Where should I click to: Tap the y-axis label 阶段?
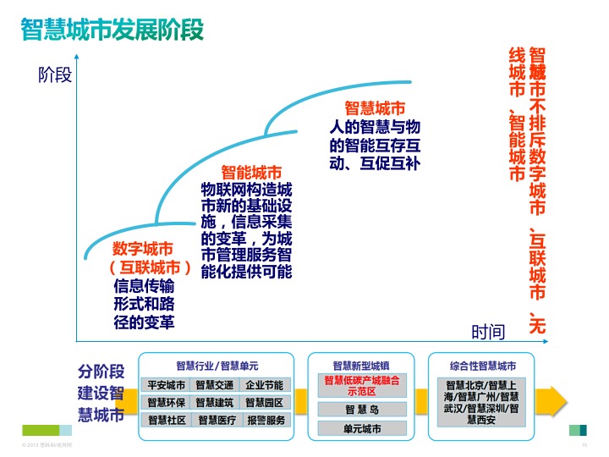point(55,75)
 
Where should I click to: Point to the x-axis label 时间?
point(488,332)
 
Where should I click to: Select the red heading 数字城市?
point(143,249)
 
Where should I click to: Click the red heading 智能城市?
point(251,173)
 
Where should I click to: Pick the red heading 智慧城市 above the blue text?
point(375,108)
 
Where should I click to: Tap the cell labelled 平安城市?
point(166,385)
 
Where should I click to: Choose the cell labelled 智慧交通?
point(214,385)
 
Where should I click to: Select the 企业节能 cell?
point(265,385)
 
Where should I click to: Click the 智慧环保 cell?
point(166,402)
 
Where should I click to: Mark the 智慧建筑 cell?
point(214,402)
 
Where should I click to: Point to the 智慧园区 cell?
point(265,402)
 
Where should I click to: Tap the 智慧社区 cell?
point(166,420)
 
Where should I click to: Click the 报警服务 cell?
point(266,420)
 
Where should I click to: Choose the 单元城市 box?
point(362,429)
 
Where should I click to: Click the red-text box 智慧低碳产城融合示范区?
point(362,386)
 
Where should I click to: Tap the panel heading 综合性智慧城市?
point(483,366)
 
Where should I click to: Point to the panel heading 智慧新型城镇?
point(361,366)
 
